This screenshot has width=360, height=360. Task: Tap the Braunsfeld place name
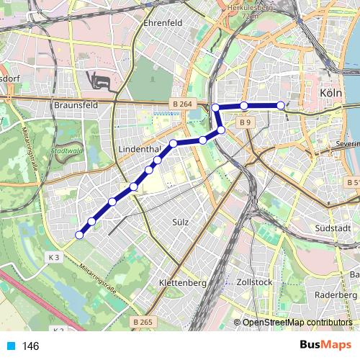point(74,104)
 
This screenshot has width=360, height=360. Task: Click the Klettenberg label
point(181,283)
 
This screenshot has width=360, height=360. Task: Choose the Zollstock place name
point(254,283)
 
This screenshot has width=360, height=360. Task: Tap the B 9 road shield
point(246,122)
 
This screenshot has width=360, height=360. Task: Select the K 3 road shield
point(53,256)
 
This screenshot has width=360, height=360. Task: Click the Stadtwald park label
point(68,151)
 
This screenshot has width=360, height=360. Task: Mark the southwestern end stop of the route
point(79,234)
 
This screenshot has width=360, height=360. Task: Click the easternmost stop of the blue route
point(281,106)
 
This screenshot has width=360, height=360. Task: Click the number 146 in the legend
point(31,346)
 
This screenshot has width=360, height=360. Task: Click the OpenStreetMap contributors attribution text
point(297,323)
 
